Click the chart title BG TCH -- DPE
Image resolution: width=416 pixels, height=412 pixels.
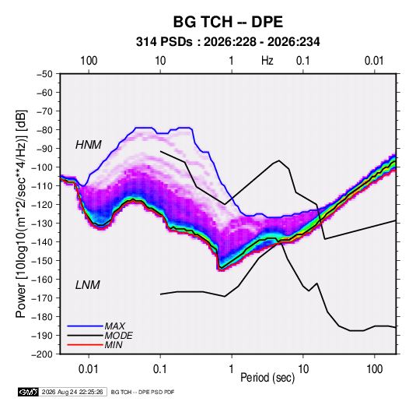coord(228,22)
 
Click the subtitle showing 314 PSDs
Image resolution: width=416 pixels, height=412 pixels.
coord(228,42)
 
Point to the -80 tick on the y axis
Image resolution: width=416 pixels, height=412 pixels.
coord(44,130)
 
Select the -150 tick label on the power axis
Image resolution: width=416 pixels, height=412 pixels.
coord(43,261)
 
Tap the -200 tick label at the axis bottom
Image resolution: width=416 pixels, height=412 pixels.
coord(43,354)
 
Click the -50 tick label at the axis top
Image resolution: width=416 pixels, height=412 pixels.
coord(44,74)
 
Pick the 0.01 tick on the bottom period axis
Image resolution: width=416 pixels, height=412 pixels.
coord(89,369)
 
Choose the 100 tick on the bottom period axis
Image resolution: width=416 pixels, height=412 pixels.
coord(374,369)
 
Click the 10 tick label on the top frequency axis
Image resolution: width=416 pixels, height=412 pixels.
coord(160,61)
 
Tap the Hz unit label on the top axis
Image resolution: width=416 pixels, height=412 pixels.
coord(267,61)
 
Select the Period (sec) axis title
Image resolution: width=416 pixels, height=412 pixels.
coord(267,378)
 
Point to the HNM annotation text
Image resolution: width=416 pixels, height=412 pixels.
coord(89,145)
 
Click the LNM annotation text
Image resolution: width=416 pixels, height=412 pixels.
coord(88,285)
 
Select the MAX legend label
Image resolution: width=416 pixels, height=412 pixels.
coord(114,326)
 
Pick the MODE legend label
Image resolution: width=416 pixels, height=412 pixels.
coord(119,336)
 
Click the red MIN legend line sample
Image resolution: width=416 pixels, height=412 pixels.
coord(85,345)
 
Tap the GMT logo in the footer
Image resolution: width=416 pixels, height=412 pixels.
coord(29,392)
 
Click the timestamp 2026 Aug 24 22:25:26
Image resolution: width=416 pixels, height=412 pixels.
coord(72,392)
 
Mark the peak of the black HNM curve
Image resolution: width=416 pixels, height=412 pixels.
coord(279,160)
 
